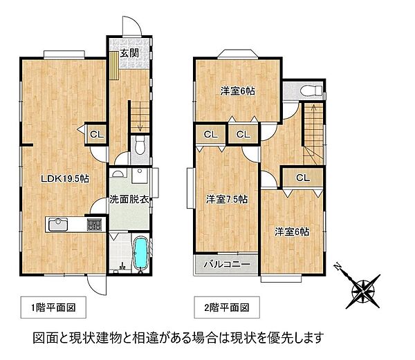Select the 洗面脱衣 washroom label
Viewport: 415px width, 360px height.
(x=128, y=200)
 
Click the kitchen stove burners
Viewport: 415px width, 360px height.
(x=93, y=225)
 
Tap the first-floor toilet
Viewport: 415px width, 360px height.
(x=139, y=146)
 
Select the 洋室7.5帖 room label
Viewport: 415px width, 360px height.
(x=226, y=199)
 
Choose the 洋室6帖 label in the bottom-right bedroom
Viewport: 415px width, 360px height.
(x=290, y=231)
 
